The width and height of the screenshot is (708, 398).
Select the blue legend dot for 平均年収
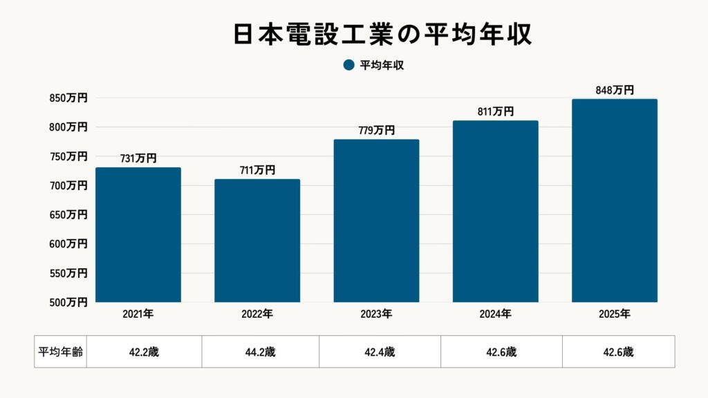pyautogui.click(x=348, y=66)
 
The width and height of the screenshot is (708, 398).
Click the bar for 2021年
pyautogui.click(x=138, y=235)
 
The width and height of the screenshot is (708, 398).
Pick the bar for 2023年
pyautogui.click(x=376, y=221)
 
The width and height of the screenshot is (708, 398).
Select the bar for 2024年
pyautogui.click(x=495, y=211)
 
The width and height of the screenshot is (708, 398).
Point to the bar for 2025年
pyautogui.click(x=614, y=200)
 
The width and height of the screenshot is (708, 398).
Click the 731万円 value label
pyautogui.click(x=138, y=158)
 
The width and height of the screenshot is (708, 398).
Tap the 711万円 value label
pyautogui.click(x=257, y=170)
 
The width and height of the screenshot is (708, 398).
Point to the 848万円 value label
pyautogui.click(x=614, y=90)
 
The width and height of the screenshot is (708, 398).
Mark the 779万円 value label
pyautogui.click(x=376, y=130)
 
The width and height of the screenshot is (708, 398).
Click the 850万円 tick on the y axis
pyautogui.click(x=68, y=98)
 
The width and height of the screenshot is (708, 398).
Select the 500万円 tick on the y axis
pyautogui.click(x=68, y=302)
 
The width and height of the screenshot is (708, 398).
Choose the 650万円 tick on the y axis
pyautogui.click(x=68, y=215)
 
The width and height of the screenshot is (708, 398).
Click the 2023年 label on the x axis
pyautogui.click(x=376, y=314)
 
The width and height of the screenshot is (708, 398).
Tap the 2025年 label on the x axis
pyautogui.click(x=614, y=314)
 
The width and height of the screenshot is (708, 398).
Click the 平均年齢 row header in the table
pyautogui.click(x=60, y=352)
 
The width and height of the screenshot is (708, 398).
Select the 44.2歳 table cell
pyautogui.click(x=260, y=352)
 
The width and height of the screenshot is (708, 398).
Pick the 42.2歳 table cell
pyautogui.click(x=144, y=352)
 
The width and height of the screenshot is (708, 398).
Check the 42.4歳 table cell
pyautogui.click(x=380, y=352)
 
